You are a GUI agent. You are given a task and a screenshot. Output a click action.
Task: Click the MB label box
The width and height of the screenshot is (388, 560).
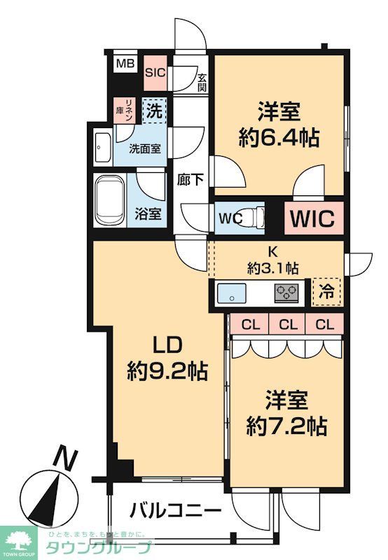[x=125, y=64]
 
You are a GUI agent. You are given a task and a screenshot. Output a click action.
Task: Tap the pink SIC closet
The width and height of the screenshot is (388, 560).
[x=154, y=71]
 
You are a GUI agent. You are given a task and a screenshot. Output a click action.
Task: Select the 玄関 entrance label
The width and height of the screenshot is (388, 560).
[x=202, y=83]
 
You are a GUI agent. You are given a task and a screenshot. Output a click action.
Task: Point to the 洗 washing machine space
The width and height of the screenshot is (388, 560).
[x=155, y=110]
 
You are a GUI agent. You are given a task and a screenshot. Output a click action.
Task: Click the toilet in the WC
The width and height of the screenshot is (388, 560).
[x=256, y=216]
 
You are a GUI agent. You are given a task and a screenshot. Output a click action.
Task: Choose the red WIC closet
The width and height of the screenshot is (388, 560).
[x=314, y=216]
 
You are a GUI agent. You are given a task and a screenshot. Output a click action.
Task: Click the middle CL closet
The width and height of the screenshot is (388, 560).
[x=286, y=323]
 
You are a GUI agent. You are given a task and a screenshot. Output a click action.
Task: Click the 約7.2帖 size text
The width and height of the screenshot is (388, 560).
[x=286, y=423]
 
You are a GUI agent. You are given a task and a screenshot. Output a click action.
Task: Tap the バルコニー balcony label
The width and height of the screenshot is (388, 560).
[x=176, y=510]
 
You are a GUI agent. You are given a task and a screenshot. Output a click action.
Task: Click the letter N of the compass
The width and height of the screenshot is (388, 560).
[x=65, y=459]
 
